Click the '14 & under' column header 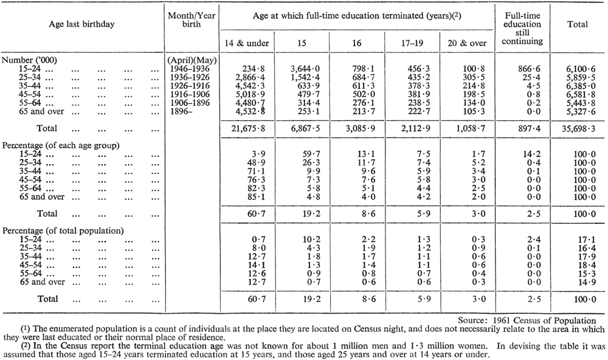(247, 43)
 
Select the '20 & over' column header (467, 43)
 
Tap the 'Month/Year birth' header (192, 20)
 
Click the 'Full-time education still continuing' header (522, 29)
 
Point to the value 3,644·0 (305, 69)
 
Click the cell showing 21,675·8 (248, 128)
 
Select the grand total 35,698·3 (579, 128)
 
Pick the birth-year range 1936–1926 (190, 77)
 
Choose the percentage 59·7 (312, 154)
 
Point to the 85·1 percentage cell (257, 196)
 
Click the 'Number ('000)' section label (29, 60)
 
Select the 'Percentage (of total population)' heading (63, 231)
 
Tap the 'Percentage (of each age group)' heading (61, 145)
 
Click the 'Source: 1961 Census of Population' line (527, 320)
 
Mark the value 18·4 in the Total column (586, 265)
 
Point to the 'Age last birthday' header (82, 24)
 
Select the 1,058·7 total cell (471, 128)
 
